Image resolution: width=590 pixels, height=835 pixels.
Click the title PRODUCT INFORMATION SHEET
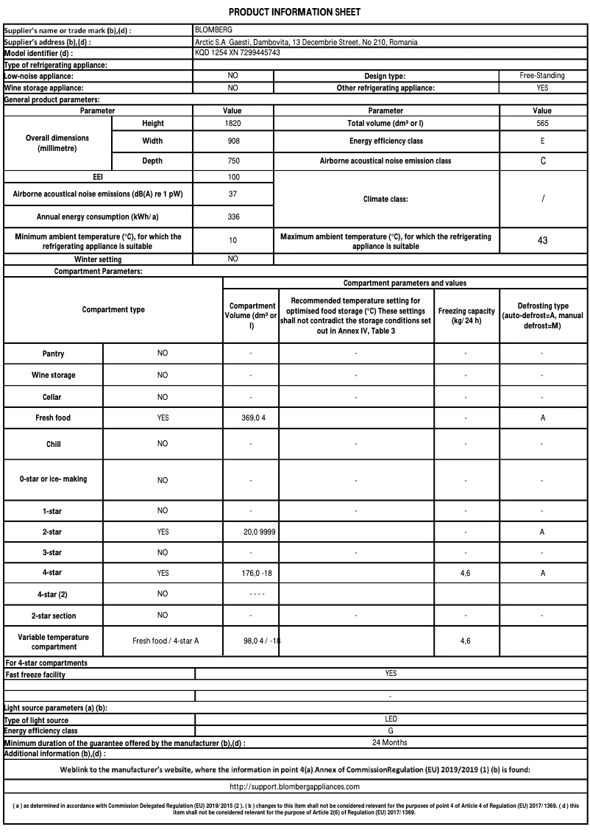295,13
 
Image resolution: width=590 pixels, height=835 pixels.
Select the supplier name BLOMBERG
213,30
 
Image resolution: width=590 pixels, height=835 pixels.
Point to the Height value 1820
233,124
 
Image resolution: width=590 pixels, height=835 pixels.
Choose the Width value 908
233,141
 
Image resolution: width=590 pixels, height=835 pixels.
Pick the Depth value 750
233,161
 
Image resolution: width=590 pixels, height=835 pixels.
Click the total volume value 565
542,124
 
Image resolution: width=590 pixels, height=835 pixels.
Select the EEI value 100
233,177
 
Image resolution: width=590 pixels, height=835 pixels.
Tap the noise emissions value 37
233,194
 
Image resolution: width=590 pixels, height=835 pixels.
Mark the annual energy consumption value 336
233,217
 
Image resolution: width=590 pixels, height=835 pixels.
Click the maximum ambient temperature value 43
542,241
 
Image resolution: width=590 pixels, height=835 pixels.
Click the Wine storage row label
53,376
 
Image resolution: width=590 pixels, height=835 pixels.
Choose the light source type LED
391,719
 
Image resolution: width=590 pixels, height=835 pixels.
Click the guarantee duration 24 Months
390,742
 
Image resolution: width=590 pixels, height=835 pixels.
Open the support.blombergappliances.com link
295,786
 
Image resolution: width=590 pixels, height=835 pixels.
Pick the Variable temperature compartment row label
53,641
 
